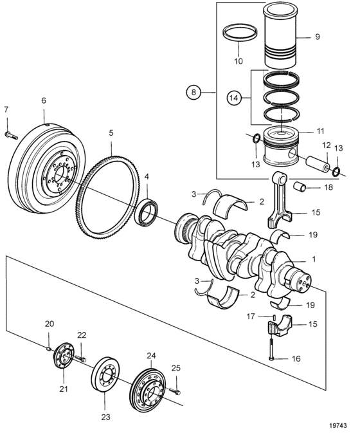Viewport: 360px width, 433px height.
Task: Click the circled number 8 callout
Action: click(x=194, y=91)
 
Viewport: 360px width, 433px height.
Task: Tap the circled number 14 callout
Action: click(x=234, y=98)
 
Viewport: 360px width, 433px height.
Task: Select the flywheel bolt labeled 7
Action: click(x=11, y=135)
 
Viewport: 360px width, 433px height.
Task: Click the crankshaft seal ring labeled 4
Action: click(x=146, y=212)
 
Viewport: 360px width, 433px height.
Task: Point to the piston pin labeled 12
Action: click(x=318, y=164)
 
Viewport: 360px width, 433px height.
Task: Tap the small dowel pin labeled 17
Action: click(x=274, y=317)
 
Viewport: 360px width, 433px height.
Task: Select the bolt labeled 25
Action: click(x=175, y=391)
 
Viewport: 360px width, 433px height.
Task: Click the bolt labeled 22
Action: click(x=80, y=359)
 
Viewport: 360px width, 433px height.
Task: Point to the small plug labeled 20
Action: click(x=48, y=349)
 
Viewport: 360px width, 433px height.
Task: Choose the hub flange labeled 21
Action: click(x=64, y=355)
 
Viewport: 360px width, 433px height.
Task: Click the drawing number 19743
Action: click(x=337, y=425)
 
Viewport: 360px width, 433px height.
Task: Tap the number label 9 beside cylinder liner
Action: click(x=317, y=37)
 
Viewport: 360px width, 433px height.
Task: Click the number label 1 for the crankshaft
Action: click(x=314, y=259)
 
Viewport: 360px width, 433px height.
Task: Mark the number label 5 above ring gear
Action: click(x=111, y=133)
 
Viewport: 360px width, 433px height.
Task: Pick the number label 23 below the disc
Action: click(x=105, y=417)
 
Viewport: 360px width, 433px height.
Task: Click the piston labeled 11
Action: click(x=281, y=147)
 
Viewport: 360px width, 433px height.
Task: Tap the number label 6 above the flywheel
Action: click(x=44, y=100)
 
